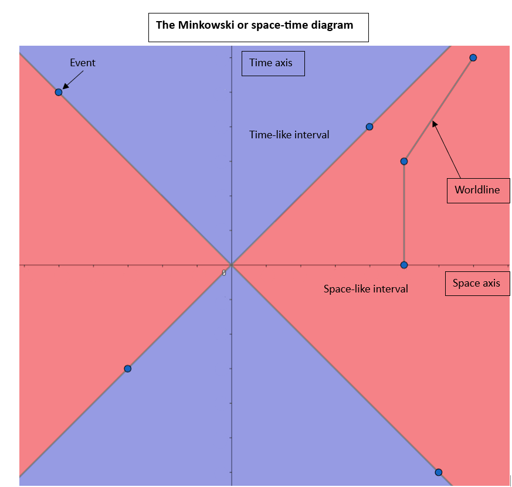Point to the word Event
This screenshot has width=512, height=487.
point(83,63)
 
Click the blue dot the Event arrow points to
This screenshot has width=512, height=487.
point(59,93)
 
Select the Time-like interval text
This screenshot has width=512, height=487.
point(289,135)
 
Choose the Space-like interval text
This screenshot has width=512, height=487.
point(366,289)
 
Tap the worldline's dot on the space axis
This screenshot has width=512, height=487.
point(404,265)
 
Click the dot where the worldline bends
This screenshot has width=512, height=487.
point(404,162)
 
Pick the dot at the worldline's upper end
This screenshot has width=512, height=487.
point(473,58)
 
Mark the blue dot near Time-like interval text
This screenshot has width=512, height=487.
point(369,127)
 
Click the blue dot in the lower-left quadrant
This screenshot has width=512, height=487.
point(128,369)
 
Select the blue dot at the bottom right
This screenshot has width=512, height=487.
point(439,472)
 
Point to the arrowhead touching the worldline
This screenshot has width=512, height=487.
point(434,124)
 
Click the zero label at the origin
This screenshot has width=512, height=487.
point(224,273)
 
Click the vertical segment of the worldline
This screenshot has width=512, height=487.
point(404,213)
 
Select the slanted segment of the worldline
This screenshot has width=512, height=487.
point(439,110)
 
